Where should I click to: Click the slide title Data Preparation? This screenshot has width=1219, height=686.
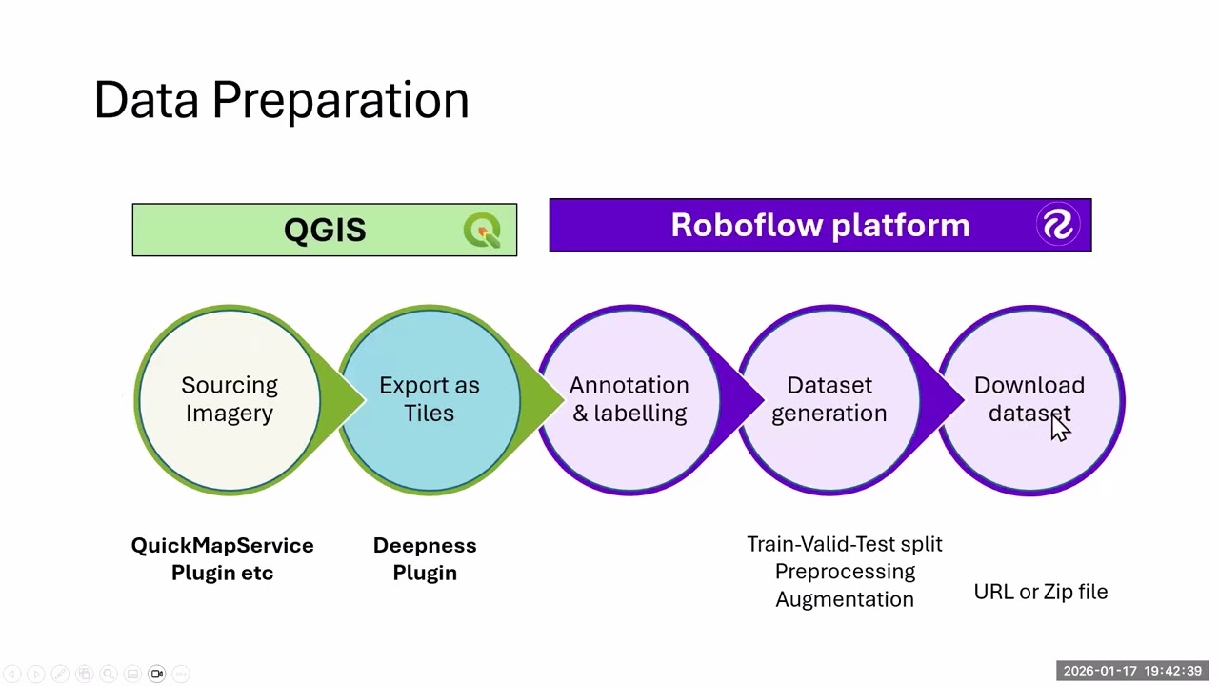[x=281, y=100]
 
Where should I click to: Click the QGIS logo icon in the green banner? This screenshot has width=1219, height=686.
[x=482, y=231]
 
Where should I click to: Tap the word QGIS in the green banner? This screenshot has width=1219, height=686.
[x=325, y=231]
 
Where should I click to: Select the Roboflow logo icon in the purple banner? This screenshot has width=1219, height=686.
[x=1057, y=226]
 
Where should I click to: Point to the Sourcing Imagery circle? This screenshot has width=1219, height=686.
[x=230, y=399]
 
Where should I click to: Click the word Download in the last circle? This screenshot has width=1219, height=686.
[x=1029, y=386]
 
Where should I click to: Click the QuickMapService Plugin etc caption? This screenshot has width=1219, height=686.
[x=222, y=558]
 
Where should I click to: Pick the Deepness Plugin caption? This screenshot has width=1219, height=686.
[x=425, y=558]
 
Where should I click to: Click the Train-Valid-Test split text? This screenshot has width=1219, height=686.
[x=844, y=544]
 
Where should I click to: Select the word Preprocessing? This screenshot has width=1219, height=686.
[x=844, y=572]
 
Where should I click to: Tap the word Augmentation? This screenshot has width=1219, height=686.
[x=844, y=599]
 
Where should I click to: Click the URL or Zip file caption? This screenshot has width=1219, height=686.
[x=1040, y=592]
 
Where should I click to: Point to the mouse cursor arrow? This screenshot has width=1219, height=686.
[x=1060, y=431]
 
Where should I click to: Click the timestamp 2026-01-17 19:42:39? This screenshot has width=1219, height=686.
[x=1132, y=671]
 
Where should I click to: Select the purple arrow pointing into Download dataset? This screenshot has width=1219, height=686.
[x=948, y=399]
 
